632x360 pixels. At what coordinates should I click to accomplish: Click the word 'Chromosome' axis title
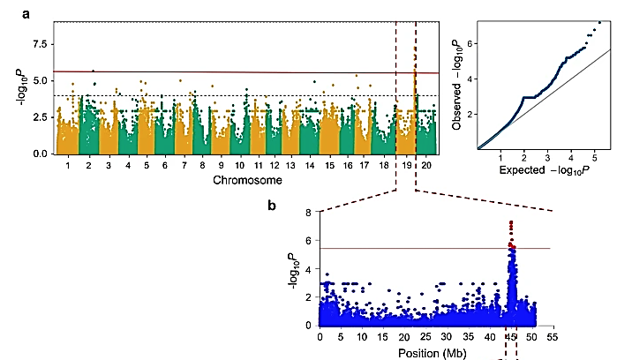[x=246, y=181]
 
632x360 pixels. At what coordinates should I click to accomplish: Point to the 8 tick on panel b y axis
[x=306, y=213]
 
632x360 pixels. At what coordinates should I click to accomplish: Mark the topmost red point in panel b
[x=511, y=223]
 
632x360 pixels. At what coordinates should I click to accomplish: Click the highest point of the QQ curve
[x=600, y=22]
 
